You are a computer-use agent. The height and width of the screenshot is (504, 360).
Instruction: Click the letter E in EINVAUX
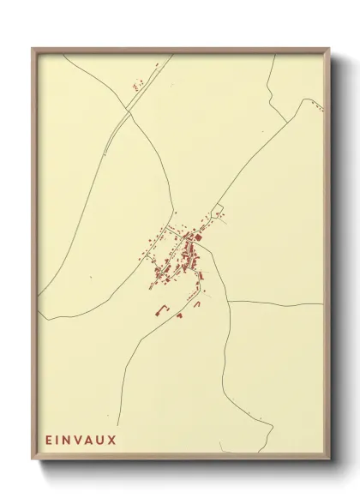50,441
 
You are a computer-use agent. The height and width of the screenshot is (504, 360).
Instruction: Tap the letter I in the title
60,441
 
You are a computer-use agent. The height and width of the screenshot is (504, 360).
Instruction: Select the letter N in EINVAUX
70,441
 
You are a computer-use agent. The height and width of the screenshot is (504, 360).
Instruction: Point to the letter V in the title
82,441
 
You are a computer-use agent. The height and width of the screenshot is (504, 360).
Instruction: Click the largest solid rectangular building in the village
196,237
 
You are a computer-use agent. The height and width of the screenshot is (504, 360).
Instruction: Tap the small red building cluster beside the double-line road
136,85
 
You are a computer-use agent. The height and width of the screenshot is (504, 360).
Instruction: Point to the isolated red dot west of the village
90,278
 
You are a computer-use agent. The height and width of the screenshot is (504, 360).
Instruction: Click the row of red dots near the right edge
317,108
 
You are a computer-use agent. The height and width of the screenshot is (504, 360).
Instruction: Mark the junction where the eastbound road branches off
229,302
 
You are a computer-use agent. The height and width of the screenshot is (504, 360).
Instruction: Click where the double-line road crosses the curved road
130,111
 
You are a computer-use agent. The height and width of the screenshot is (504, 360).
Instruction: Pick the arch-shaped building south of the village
197,303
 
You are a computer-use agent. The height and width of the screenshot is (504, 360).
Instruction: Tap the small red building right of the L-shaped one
180,315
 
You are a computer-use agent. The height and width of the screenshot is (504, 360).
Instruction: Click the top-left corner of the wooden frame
33,48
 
